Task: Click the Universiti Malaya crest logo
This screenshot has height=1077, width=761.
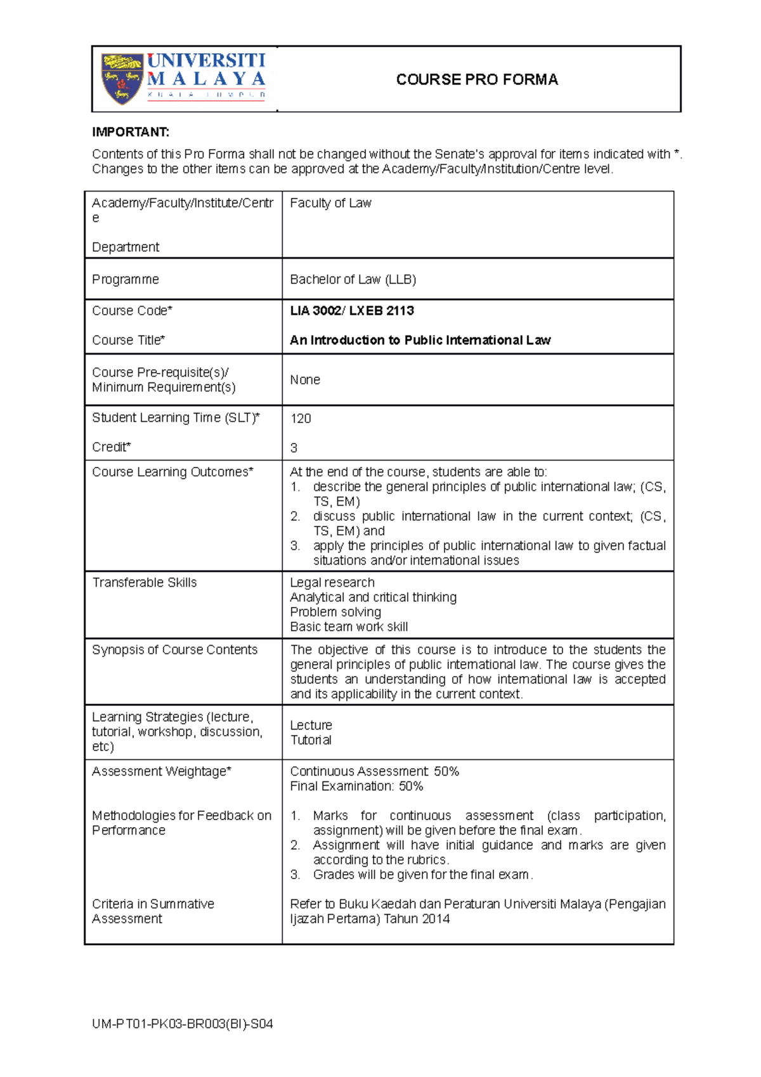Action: click(122, 79)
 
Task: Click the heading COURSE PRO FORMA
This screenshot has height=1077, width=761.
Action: click(477, 79)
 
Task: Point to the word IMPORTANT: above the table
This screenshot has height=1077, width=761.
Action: click(131, 132)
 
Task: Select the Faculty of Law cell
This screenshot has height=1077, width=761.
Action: click(330, 203)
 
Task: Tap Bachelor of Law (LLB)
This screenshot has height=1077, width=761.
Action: click(353, 279)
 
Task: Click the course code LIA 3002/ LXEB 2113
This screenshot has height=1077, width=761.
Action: click(352, 311)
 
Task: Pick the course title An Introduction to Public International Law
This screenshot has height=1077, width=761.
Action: click(420, 340)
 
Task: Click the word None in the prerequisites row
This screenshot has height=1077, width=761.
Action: click(305, 379)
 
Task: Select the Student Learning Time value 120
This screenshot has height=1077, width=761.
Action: click(301, 419)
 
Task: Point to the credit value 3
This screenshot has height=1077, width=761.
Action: click(294, 448)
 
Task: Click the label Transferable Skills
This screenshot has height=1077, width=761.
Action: click(145, 582)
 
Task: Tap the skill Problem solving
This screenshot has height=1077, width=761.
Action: click(335, 612)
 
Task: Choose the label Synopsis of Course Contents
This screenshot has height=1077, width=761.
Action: click(174, 649)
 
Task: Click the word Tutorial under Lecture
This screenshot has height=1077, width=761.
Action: click(311, 740)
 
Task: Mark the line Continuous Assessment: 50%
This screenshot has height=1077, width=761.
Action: click(374, 771)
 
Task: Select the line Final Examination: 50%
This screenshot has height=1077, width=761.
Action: click(356, 787)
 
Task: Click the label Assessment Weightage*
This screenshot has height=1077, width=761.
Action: click(161, 771)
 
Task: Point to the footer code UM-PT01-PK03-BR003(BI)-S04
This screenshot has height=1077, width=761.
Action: click(182, 1024)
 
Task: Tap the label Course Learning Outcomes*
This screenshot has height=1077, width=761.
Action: click(172, 472)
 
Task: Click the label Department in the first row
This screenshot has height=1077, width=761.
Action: click(126, 247)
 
